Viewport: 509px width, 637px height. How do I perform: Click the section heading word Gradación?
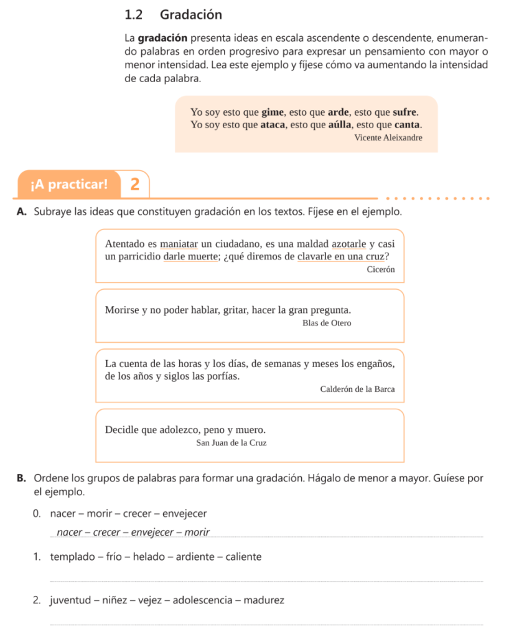[191, 14]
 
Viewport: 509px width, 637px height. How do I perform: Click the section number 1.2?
[134, 14]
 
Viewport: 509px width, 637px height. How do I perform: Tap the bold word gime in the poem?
[272, 113]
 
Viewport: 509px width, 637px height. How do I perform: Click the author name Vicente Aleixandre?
[388, 137]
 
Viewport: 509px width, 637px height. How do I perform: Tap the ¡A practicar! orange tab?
[68, 184]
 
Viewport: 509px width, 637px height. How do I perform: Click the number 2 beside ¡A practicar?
[135, 184]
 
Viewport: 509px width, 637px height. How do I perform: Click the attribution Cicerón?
[381, 269]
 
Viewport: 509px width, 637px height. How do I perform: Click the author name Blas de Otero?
[327, 323]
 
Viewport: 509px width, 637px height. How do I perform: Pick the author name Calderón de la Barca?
[357, 389]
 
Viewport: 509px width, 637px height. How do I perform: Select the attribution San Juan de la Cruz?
[231, 443]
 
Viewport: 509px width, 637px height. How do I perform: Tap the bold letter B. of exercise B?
[22, 478]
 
